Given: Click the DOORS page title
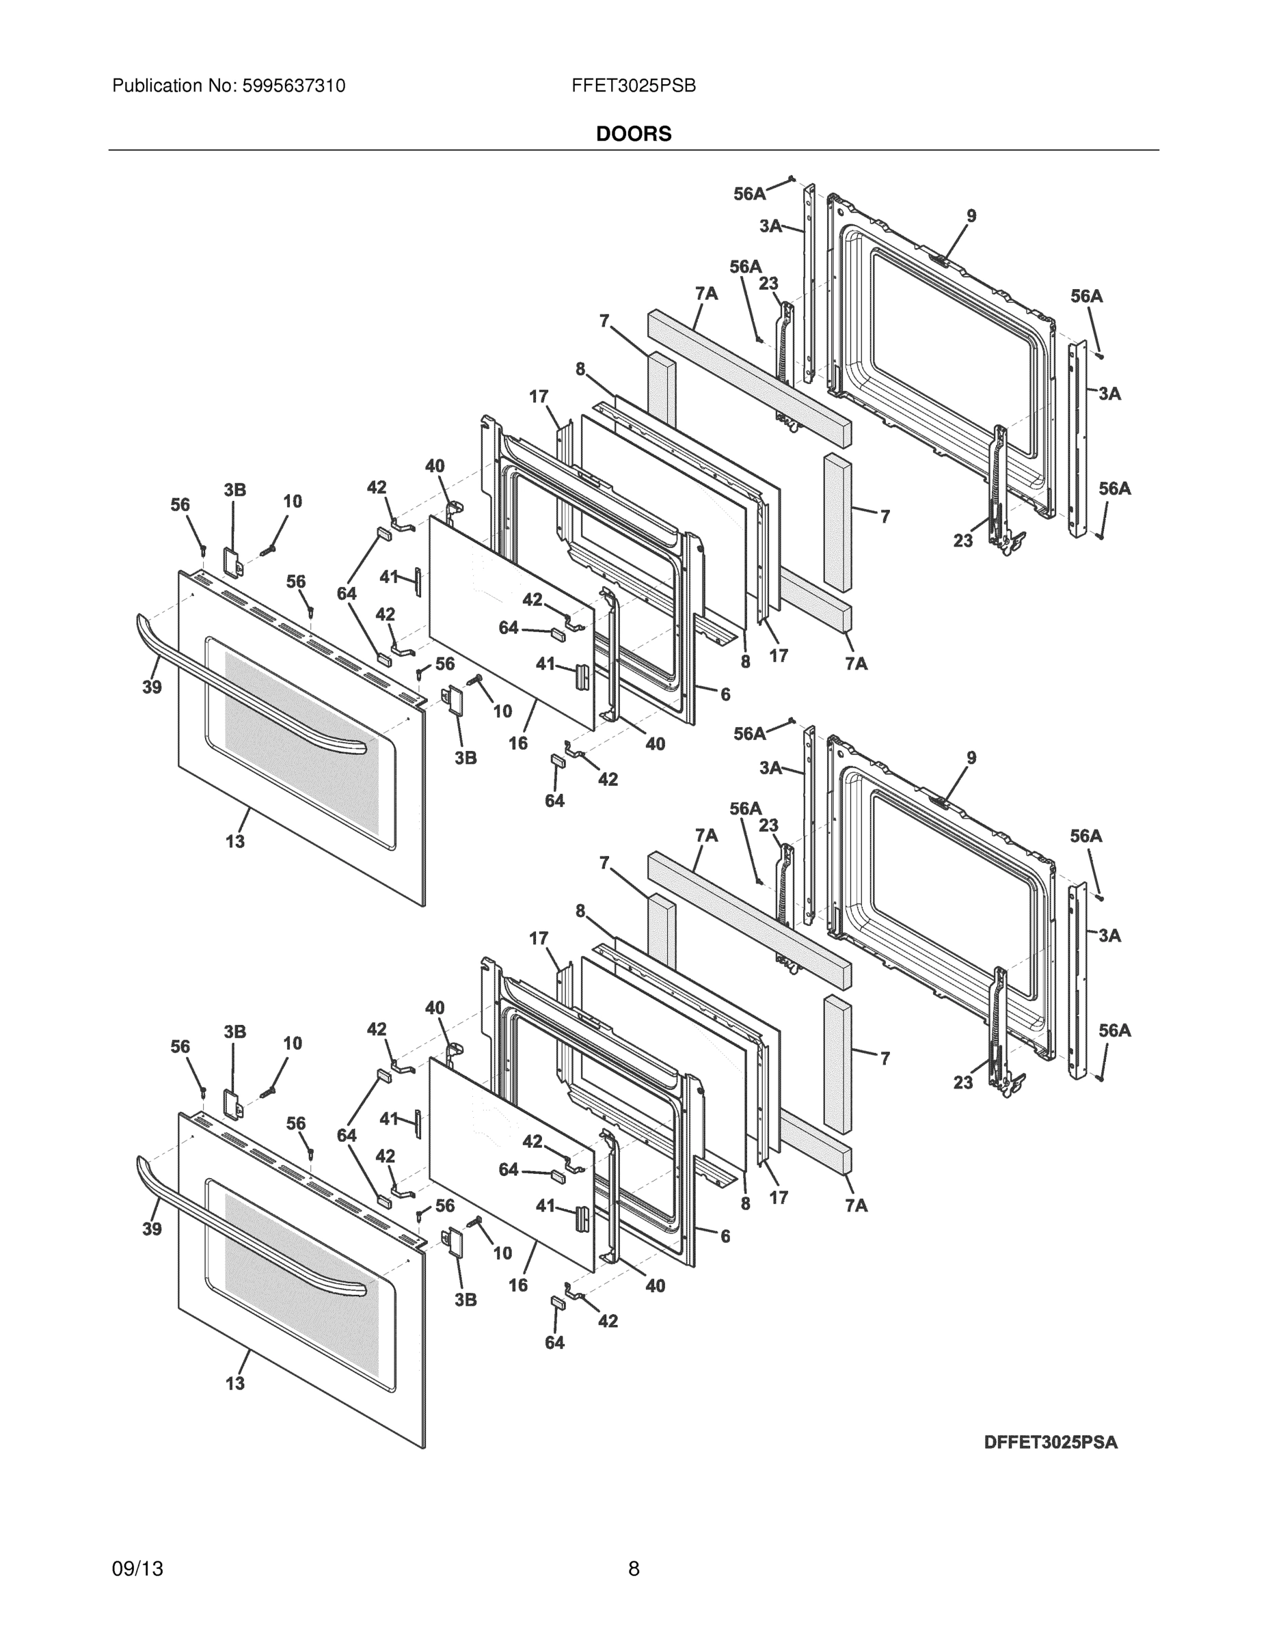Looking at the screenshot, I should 633,134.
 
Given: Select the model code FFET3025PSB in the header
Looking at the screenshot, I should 633,86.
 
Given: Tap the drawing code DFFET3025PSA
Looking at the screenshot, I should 1050,1443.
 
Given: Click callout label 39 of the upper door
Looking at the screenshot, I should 152,687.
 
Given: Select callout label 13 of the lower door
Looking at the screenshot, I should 235,1383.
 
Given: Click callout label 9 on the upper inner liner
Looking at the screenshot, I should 971,216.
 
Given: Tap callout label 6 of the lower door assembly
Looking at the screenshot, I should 725,1236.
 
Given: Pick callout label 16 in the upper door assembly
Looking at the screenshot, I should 517,743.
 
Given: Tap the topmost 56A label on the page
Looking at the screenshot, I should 749,194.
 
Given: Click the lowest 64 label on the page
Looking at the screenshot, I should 554,1343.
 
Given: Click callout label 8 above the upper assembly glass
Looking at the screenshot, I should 580,370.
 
